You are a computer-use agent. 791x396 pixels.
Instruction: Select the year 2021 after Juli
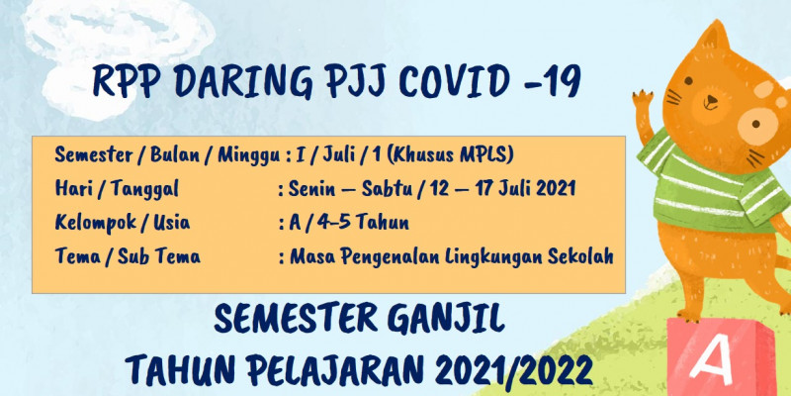coord(556,189)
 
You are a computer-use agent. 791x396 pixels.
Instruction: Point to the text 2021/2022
coord(513,369)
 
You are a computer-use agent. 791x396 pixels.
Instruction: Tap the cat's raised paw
coord(642,97)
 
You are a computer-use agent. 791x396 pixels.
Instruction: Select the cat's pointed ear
coord(716,37)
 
